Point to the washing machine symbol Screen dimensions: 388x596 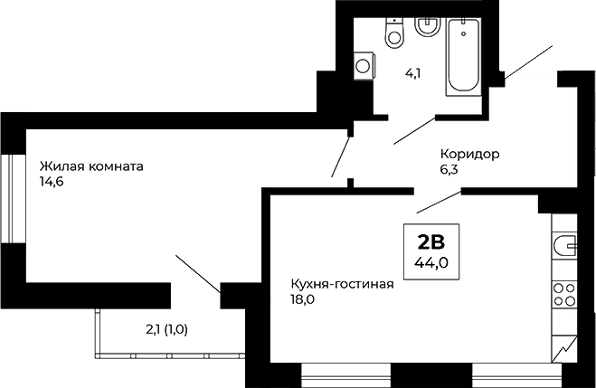[x=364, y=64]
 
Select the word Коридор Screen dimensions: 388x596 [x=469, y=154]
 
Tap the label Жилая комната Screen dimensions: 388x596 [x=91, y=166]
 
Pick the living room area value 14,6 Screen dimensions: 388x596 [x=51, y=182]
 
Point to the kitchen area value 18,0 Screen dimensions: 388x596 [x=302, y=300]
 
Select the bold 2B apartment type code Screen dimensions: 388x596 [x=431, y=241]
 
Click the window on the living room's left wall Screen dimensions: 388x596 [x=7, y=197]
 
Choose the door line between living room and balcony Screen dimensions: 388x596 [x=196, y=274]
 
